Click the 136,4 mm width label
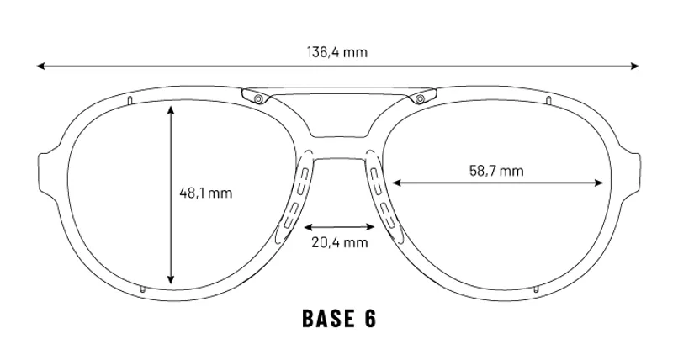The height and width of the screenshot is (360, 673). click(337, 52)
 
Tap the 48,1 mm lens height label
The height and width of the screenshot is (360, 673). click(205, 193)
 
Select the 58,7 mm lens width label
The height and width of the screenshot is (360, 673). click(496, 171)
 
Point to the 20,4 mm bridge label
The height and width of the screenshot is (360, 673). click(340, 242)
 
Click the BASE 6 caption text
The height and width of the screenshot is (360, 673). click(339, 319)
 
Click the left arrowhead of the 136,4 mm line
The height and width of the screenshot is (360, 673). click(40, 66)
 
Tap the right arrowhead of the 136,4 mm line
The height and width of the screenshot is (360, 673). click(635, 66)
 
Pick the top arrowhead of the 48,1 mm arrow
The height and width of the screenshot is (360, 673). click(172, 110)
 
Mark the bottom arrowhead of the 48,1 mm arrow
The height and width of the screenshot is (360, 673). click(172, 279)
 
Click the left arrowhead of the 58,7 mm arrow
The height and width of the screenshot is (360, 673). click(397, 183)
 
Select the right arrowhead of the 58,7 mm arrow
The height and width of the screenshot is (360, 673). click(598, 183)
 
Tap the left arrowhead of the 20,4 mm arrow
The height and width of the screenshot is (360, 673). click(309, 226)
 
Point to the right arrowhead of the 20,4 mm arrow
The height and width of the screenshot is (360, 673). click(370, 226)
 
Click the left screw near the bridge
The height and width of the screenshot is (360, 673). click(258, 99)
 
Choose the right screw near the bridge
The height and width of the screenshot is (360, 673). click(419, 99)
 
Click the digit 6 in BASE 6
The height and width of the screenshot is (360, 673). click(370, 319)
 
